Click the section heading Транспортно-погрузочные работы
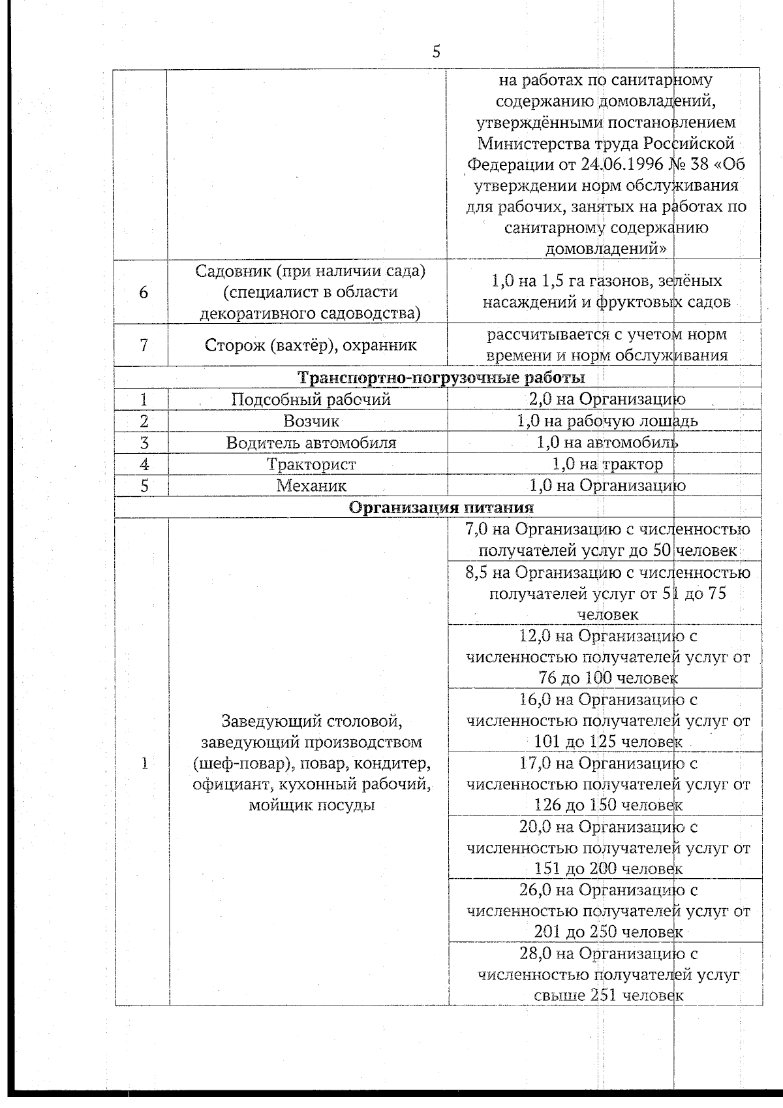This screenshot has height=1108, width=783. click(x=441, y=377)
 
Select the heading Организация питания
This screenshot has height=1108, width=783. click(x=441, y=507)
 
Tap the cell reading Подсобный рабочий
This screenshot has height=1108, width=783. click(x=311, y=399)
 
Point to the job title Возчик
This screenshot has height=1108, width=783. click(x=311, y=421)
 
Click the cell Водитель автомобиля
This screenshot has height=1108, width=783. click(x=311, y=443)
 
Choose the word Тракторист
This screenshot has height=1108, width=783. click(x=311, y=464)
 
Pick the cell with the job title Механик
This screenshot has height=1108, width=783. click(x=311, y=486)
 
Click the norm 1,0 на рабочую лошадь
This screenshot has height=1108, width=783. click(x=607, y=421)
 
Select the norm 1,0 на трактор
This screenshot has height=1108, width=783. click(x=607, y=464)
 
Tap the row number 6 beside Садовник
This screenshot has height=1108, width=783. click(x=144, y=292)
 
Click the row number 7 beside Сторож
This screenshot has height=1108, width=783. click(x=144, y=345)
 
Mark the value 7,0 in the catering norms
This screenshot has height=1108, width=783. click(x=477, y=530)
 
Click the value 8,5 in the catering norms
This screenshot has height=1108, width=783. click(x=477, y=573)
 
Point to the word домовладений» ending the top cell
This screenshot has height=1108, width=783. click(x=606, y=249)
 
